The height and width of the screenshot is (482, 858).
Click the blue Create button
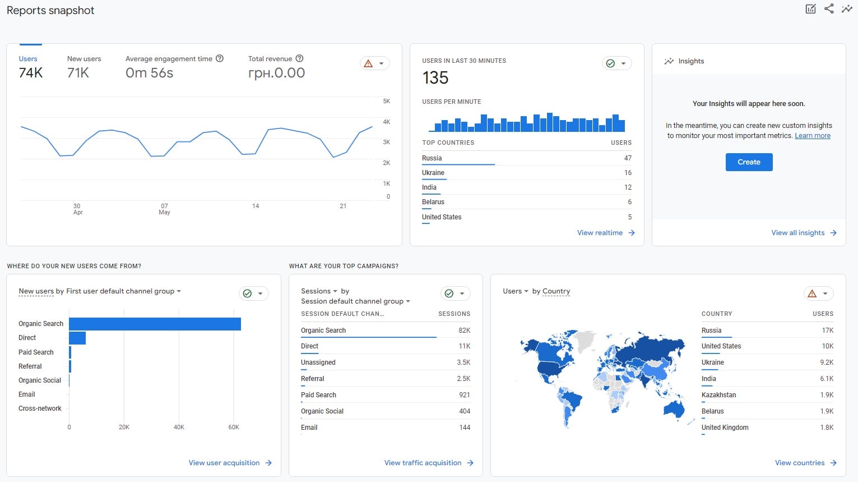point(749,162)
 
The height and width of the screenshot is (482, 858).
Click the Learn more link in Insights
point(813,136)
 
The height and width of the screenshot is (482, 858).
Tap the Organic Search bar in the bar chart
point(155,324)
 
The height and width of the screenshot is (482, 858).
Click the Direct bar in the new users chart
point(77,338)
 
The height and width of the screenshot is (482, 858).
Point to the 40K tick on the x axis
point(179,428)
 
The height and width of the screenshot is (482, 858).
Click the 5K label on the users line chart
point(386,102)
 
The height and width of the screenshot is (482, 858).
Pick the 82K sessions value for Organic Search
point(464,330)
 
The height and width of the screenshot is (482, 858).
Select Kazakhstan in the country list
point(718,395)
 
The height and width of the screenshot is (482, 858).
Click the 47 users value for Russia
point(628,158)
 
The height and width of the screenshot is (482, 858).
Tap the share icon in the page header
point(829,8)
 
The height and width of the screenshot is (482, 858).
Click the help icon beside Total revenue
point(299,58)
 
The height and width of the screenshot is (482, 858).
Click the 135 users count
point(435,78)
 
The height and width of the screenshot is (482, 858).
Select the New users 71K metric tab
point(84,67)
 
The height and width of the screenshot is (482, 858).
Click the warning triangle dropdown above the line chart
point(374,63)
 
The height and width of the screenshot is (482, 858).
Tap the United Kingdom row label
point(725,428)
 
